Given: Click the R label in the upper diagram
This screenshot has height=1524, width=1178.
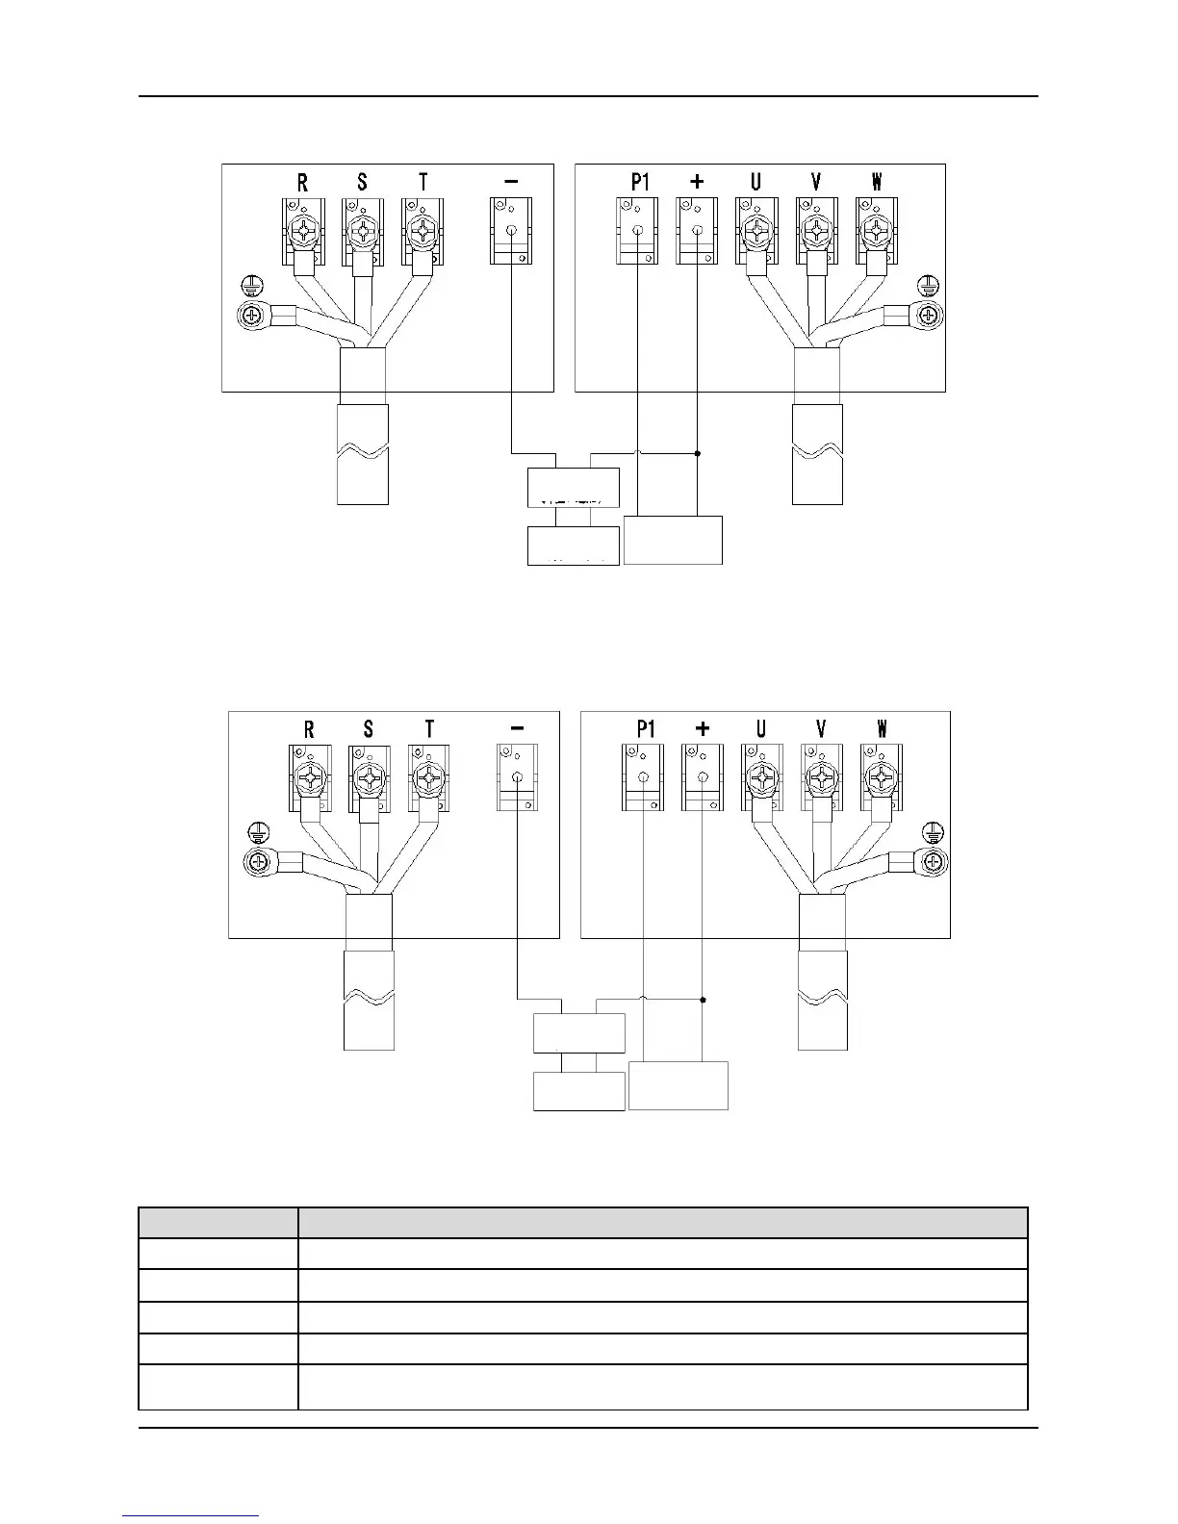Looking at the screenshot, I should click(x=302, y=182).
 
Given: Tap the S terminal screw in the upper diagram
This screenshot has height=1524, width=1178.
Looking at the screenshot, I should click(x=363, y=231).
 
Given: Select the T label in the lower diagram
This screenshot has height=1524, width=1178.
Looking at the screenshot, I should click(x=429, y=729).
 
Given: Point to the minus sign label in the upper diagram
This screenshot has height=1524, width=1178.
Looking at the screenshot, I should click(x=511, y=181).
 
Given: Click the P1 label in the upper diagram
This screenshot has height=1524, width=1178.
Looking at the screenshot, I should click(x=640, y=182).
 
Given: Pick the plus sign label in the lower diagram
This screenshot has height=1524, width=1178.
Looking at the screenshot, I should click(x=703, y=729).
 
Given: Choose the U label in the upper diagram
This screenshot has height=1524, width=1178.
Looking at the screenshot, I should click(x=755, y=182).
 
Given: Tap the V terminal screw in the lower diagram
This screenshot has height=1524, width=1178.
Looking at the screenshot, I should click(x=821, y=777).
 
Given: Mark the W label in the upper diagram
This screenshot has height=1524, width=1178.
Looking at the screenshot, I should click(x=877, y=182).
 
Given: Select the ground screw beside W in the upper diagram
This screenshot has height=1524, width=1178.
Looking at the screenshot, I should click(x=929, y=315).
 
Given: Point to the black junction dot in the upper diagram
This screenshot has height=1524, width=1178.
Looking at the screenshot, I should click(x=697, y=452).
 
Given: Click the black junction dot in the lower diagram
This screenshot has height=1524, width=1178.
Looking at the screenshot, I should click(x=704, y=1000).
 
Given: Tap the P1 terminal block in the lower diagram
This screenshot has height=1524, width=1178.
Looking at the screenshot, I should click(x=643, y=777).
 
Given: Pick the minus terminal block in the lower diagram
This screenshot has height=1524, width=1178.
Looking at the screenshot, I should click(x=518, y=777).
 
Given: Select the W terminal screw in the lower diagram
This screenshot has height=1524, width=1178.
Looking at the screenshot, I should click(x=881, y=777).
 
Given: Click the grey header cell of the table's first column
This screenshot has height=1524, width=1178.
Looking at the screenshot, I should click(x=218, y=1223).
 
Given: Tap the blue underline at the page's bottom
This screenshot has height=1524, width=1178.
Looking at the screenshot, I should click(x=192, y=1516).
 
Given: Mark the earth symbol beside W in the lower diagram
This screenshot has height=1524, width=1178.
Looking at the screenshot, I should click(x=933, y=832).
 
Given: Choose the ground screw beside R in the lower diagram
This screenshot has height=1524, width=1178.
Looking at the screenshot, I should click(x=257, y=862).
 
